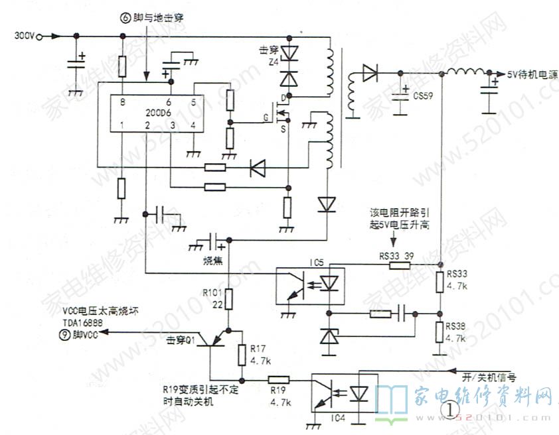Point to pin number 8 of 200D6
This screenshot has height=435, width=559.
(x=122, y=102)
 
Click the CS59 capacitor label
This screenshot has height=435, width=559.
(x=423, y=96)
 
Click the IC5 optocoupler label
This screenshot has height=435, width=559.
(x=317, y=264)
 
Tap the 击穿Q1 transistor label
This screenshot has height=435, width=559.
(x=181, y=341)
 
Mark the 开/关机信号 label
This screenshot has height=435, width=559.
(x=489, y=377)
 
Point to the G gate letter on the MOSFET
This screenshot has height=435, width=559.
(x=266, y=117)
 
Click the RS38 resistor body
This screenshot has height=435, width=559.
(x=439, y=330)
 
